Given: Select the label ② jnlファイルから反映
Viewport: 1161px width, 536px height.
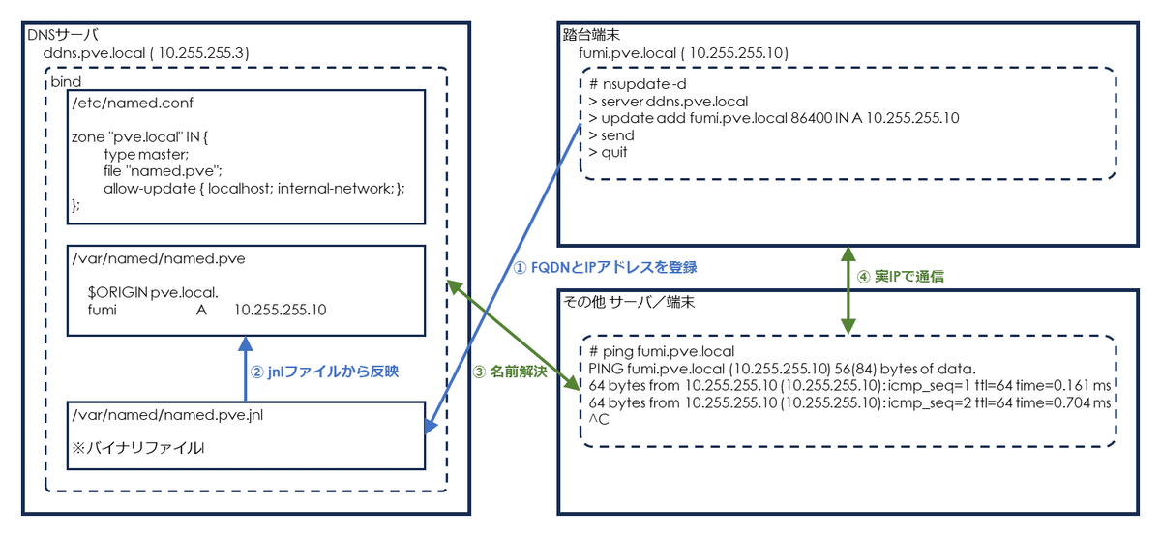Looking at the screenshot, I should pos(327,371).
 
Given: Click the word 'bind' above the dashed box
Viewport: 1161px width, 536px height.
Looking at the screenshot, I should pos(66,83).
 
